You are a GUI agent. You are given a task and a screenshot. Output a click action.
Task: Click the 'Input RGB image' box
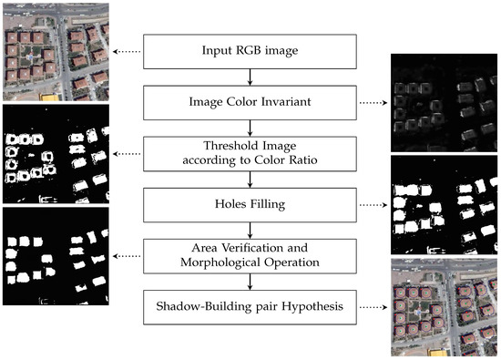coord(248,51)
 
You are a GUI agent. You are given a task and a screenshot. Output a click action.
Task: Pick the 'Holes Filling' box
coord(248,204)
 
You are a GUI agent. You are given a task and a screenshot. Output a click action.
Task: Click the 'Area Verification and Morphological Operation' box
coord(248,256)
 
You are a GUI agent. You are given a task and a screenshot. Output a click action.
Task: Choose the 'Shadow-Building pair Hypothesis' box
coord(248,308)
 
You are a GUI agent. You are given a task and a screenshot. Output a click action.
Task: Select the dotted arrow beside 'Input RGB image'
coord(126,51)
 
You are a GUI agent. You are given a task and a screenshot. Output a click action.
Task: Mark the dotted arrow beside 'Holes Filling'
coord(370,204)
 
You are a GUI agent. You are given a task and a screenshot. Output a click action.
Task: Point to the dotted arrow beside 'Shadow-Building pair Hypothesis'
coord(370,308)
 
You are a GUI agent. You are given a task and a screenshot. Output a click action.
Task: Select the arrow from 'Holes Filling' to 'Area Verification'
coord(248,230)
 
